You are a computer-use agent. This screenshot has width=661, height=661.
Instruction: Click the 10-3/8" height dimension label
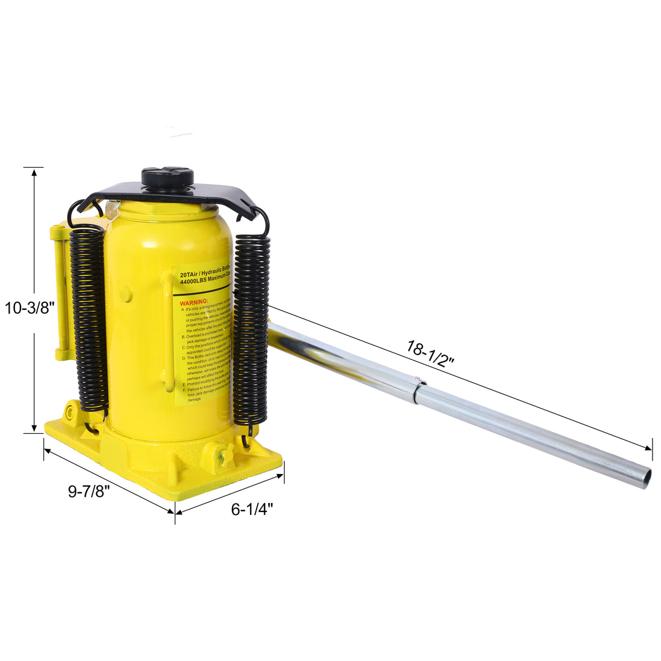(30, 308)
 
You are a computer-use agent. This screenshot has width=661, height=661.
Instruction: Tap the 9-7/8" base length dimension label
(88, 491)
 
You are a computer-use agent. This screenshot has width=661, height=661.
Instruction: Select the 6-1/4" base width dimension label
(252, 509)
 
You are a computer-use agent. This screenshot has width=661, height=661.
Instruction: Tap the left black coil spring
(89, 318)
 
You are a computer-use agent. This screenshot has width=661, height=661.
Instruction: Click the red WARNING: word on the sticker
(194, 301)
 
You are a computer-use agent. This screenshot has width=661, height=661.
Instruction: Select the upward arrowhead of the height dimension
(34, 173)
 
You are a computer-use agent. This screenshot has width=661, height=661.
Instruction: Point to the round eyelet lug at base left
(72, 413)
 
